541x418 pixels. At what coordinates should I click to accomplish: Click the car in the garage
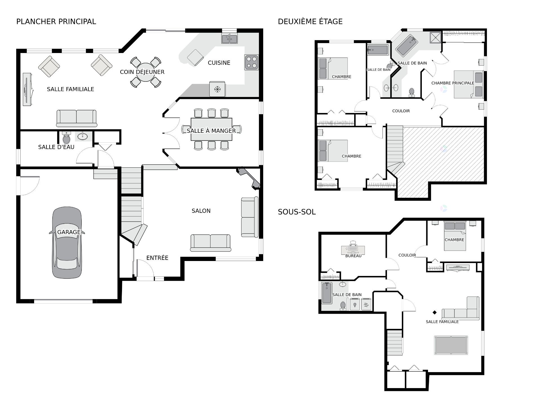coord(67,243)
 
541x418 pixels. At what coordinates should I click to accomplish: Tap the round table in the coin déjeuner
coord(146,72)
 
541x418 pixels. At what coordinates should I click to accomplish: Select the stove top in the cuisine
coord(251,62)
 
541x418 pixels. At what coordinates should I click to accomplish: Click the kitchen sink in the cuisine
coord(229,39)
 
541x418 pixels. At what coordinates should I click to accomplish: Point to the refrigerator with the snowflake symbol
coord(217,89)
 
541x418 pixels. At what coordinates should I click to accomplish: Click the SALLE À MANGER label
coord(211,131)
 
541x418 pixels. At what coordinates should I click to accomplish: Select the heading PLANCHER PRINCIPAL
coord(56,21)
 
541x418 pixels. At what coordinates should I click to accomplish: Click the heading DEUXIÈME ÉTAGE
coord(310,21)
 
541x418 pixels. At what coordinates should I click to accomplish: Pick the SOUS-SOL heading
coord(297,212)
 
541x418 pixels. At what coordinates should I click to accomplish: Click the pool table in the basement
coord(451,345)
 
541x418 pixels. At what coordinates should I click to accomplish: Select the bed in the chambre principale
coord(469,84)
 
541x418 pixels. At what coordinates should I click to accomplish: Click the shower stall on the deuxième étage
coord(436,38)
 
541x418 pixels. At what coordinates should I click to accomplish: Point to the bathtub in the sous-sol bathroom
coord(327,293)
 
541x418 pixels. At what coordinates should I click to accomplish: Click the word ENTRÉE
coord(157,258)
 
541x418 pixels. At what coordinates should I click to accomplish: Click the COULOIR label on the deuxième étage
coord(401,111)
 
